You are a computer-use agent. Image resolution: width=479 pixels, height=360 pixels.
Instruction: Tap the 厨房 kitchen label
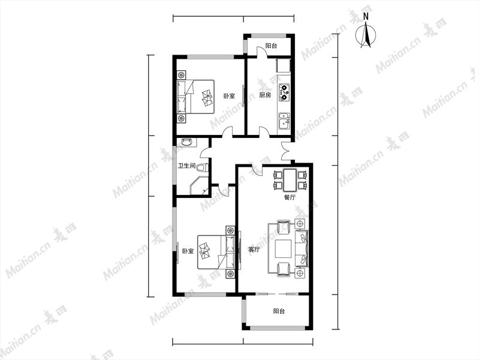point(265,95)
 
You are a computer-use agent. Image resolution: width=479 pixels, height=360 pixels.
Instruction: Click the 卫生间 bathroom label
point(186,166)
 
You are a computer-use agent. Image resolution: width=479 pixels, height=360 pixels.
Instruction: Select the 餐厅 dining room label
point(290,197)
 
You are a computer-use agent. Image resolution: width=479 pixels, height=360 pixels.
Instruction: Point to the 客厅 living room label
point(254,250)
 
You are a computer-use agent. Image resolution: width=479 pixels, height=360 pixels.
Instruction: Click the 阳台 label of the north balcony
point(271,46)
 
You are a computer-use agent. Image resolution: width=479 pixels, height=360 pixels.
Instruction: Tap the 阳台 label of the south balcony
point(279,311)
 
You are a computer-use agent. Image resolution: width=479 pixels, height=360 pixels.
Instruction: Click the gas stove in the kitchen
point(284,92)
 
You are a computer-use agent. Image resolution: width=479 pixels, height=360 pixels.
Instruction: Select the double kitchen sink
point(284,121)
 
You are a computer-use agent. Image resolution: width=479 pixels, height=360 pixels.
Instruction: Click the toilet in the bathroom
point(203,167)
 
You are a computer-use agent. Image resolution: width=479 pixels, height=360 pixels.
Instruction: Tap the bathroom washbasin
point(186,142)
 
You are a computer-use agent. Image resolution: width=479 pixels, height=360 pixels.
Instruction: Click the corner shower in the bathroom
point(199,185)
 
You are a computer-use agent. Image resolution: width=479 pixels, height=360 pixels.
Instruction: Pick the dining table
point(290,179)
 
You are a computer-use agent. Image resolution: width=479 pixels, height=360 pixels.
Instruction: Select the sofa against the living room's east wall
point(302,248)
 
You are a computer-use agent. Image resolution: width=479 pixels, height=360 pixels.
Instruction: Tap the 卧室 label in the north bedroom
point(229,96)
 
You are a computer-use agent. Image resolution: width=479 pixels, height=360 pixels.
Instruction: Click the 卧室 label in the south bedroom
point(188,251)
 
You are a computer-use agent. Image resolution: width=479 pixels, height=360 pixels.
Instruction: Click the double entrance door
point(287,151)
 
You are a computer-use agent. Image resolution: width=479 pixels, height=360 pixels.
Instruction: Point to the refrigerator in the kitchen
point(283,66)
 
